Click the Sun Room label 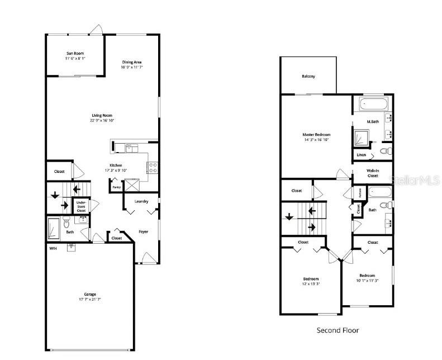click(x=74, y=53)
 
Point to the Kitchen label click(x=116, y=165)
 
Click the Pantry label click(x=116, y=187)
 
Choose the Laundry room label click(x=141, y=201)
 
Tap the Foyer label click(x=144, y=231)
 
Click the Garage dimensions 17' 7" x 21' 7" click(x=90, y=300)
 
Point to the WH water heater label click(x=53, y=248)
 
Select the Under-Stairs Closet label click(x=81, y=207)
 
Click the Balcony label click(x=308, y=76)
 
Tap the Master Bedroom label click(x=316, y=135)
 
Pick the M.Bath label click(x=373, y=121)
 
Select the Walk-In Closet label click(x=372, y=173)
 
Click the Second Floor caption click(x=338, y=330)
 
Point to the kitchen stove click(x=152, y=167)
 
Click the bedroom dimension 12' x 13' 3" click(x=311, y=284)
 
